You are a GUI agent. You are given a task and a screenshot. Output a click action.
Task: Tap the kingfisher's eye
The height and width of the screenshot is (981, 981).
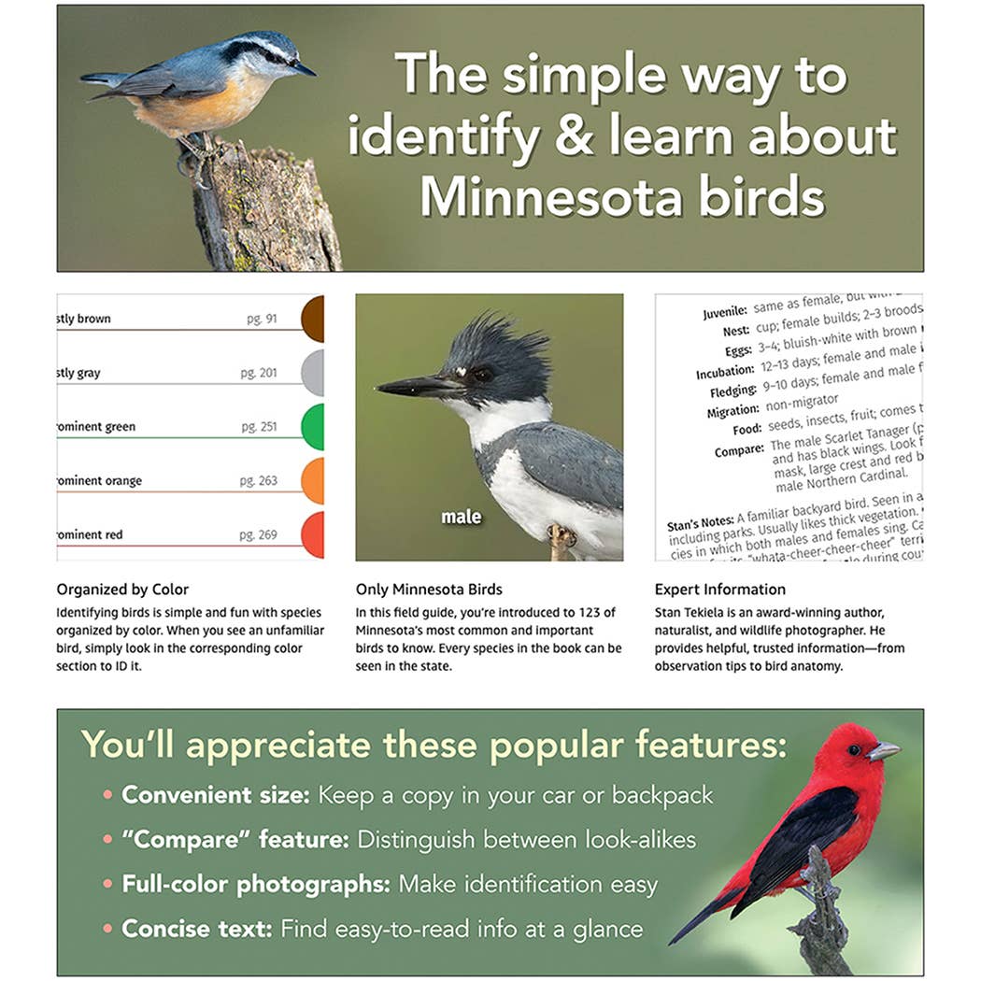pos(483,374)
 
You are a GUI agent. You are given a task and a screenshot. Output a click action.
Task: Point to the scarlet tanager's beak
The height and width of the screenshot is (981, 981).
pos(883,750)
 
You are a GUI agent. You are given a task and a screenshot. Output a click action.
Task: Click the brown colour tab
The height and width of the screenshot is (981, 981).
pos(313,319)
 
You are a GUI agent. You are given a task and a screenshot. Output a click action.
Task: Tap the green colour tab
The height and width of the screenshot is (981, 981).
pos(313,427)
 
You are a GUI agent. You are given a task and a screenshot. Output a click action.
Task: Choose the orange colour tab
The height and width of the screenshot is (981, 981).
pos(313,480)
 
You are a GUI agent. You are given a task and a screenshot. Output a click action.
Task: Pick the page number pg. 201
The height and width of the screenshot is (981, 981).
pos(259,373)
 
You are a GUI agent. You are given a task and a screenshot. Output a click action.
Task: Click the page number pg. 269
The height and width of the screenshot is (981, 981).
pos(259,534)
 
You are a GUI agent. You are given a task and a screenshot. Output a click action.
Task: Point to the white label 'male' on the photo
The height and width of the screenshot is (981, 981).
pos(462,517)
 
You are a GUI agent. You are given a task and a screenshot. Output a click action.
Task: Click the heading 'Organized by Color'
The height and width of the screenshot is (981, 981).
pos(122,590)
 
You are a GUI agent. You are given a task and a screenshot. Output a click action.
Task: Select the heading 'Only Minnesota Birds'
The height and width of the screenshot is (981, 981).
pos(429,590)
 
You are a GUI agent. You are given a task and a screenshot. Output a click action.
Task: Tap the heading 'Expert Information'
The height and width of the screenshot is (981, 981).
pos(719,590)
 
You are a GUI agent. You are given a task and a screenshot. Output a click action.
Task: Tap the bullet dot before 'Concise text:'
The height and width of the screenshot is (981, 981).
pos(108,929)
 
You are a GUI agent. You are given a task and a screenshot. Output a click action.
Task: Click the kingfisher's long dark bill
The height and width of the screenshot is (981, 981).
pos(417,386)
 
